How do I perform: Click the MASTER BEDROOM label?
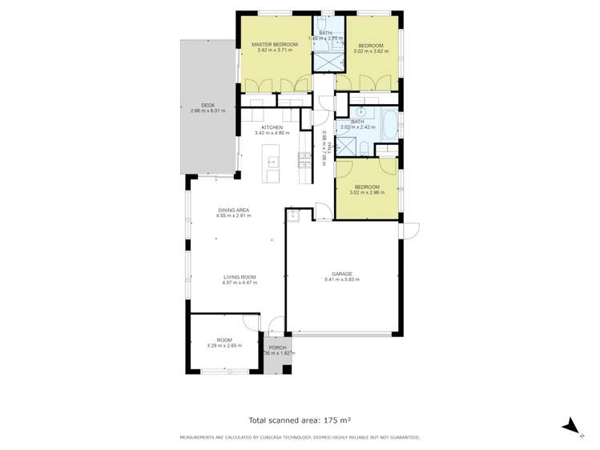pos(274,44)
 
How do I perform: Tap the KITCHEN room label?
pos(272,127)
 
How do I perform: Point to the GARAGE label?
pos(342,273)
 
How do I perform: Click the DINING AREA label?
pos(235,210)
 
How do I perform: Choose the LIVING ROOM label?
pos(240,277)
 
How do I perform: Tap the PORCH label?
pos(278,348)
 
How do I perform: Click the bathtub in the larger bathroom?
pos(389,125)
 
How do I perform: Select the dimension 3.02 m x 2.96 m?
pos(367,192)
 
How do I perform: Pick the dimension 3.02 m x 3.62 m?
pos(370,50)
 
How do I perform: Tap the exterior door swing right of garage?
pos(410,230)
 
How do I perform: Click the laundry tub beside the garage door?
pos(294,214)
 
